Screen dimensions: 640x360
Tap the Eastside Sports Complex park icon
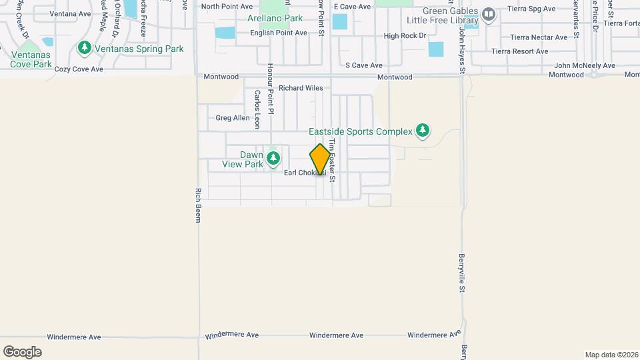coord(422,131)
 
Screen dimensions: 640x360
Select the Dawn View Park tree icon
coord(273,159)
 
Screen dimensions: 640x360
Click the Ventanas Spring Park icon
coord(84,49)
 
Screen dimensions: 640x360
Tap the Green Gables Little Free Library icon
coord(489,15)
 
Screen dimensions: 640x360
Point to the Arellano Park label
coord(275,19)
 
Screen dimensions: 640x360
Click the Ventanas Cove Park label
coord(31,60)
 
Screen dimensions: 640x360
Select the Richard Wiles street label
coord(301,88)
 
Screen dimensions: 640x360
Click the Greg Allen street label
coord(233,118)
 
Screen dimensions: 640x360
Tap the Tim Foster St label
coord(331,160)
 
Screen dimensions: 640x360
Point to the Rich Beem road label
coord(198,205)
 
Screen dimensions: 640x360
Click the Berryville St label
coord(461,273)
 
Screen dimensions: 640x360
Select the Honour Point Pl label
coord(271,87)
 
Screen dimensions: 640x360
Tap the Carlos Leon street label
coord(257,109)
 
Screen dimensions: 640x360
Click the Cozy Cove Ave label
coord(79,69)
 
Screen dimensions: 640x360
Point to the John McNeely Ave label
coord(585,65)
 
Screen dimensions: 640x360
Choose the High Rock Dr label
coord(405,36)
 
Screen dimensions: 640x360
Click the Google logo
coord(22,351)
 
